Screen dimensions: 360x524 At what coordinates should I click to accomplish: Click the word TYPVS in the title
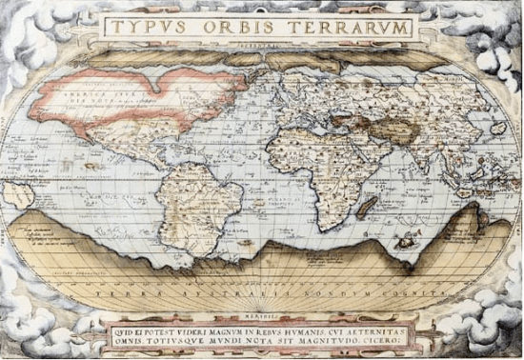click(143, 27)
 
